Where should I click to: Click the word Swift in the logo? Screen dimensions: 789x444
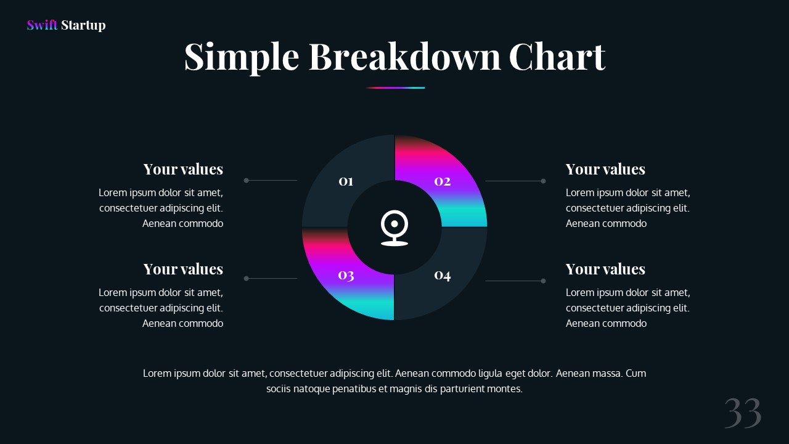click(x=42, y=25)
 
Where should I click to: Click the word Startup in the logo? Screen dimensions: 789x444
click(x=83, y=26)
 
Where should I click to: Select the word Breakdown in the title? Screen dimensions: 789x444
click(x=404, y=56)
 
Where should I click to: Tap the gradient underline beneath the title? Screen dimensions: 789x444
click(x=395, y=88)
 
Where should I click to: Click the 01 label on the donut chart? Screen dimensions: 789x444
click(x=346, y=181)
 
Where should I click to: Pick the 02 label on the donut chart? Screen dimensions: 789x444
click(x=443, y=181)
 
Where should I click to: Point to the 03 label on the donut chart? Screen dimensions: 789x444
click(x=346, y=275)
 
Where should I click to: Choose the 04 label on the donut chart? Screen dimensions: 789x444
click(x=443, y=275)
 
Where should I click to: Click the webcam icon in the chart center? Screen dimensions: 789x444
click(x=394, y=228)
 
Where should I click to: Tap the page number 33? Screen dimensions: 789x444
click(x=743, y=413)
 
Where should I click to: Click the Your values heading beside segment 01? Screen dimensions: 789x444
click(x=183, y=169)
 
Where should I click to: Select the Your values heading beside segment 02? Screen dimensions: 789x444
click(x=605, y=169)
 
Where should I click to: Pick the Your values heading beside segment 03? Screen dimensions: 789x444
click(x=183, y=269)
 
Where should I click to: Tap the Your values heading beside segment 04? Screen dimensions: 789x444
click(x=605, y=269)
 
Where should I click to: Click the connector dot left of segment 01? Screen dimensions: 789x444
click(x=246, y=181)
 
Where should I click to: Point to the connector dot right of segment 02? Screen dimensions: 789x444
click(x=543, y=181)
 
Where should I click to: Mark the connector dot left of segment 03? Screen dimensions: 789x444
click(x=246, y=278)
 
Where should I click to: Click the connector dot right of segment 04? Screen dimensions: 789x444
click(x=543, y=281)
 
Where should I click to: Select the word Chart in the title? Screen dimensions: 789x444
click(x=557, y=56)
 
